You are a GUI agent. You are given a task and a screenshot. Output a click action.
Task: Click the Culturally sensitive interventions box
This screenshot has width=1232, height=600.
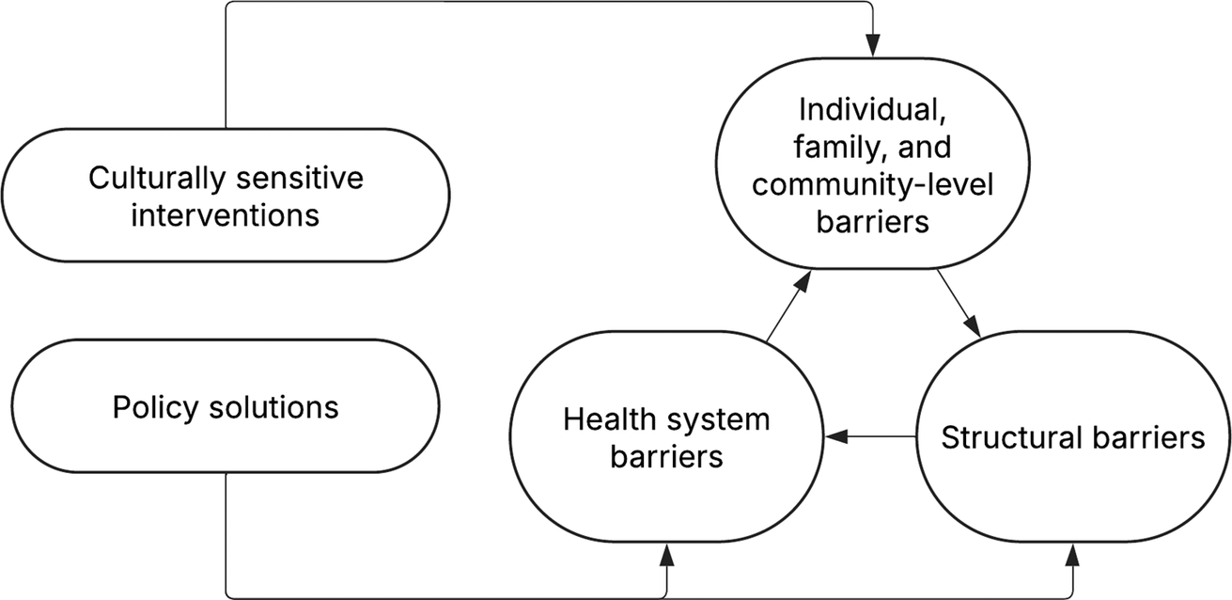coord(225,196)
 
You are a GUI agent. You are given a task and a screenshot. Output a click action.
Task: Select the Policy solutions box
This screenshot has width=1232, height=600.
coord(225,407)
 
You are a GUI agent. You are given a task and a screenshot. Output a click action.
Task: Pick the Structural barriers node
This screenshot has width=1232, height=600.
coord(1071,437)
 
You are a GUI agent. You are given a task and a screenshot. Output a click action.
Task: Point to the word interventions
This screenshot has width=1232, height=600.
coord(226,214)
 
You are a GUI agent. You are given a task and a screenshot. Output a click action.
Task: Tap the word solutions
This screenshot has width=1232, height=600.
coord(273,407)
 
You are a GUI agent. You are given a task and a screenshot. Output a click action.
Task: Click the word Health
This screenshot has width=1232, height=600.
coord(606,419)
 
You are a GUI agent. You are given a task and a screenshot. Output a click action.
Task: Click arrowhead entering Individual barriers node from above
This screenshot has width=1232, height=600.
coord(873,42)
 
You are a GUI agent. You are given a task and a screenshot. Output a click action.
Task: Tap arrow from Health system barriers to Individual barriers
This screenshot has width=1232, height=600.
coord(788,307)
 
